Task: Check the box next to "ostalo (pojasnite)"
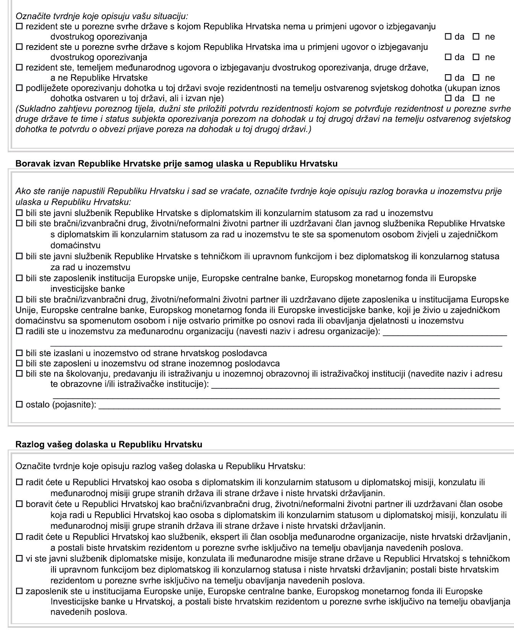pos(19,404)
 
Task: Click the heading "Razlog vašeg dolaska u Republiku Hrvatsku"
pos(109,445)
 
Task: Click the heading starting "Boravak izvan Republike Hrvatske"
pos(177,164)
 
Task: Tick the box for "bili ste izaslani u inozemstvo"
pos(19,353)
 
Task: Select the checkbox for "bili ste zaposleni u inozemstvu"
pos(19,363)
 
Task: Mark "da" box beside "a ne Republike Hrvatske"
pos(448,78)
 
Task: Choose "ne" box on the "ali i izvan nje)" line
pos(476,99)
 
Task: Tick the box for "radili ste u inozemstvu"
pos(19,332)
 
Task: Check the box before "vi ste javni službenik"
pos(19,559)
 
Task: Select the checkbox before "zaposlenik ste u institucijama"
pos(19,591)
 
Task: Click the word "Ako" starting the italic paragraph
pos(22,191)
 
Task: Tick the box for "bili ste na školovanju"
pos(19,374)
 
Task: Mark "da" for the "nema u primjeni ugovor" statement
pos(448,37)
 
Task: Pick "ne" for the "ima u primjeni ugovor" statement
pos(476,57)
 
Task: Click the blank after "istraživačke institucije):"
pos(355,385)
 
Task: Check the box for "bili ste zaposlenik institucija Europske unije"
pos(19,278)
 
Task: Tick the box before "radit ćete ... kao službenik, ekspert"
pos(19,537)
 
